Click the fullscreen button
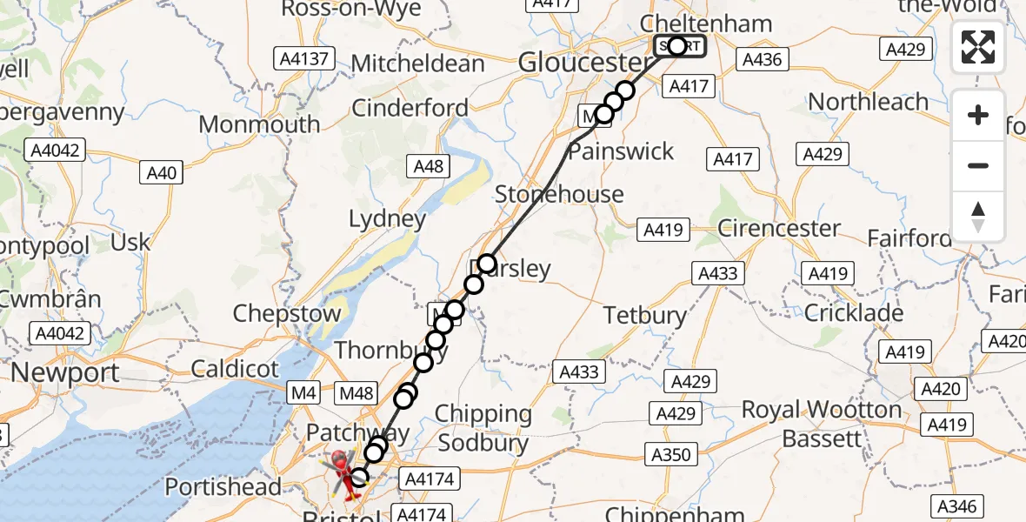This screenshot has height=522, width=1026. (x=978, y=46)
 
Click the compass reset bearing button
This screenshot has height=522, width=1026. (x=978, y=217)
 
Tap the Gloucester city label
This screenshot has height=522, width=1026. (x=584, y=62)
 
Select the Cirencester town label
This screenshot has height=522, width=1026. (x=779, y=229)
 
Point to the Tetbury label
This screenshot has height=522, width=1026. (x=645, y=314)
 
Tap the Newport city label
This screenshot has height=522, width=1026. (x=65, y=372)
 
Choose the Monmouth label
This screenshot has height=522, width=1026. (x=259, y=124)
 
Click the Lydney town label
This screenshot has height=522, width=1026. (x=387, y=219)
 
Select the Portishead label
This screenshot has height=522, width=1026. (x=223, y=486)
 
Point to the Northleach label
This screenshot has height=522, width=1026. (x=869, y=102)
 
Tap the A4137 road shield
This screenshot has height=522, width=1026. (x=303, y=59)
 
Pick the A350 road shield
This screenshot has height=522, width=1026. (x=671, y=453)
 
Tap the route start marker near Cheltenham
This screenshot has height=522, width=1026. (x=678, y=45)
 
